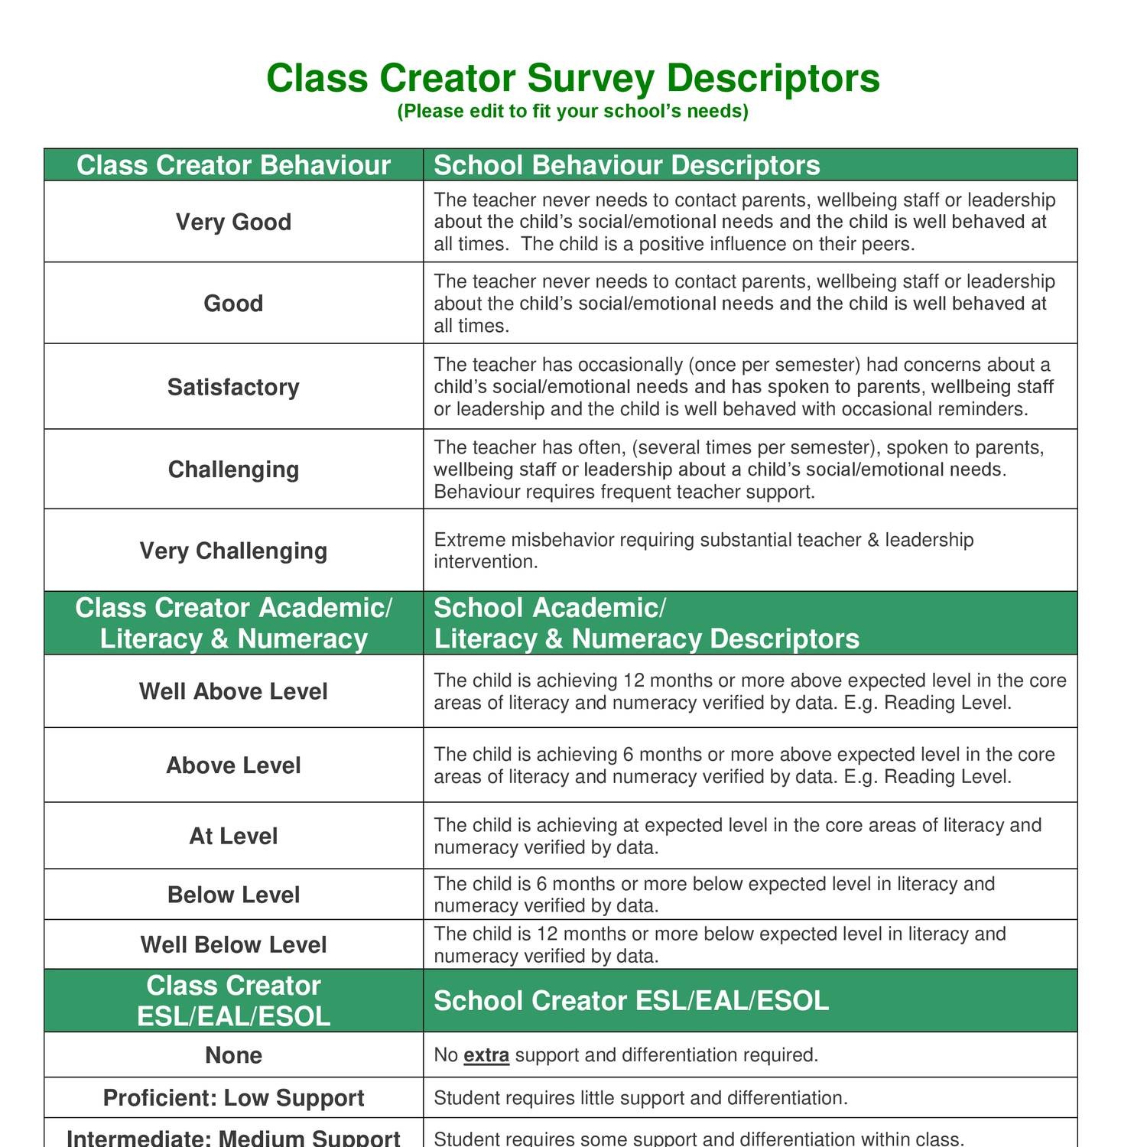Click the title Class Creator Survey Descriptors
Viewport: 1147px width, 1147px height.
tap(573, 78)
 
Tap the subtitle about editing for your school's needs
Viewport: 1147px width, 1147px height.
tap(573, 112)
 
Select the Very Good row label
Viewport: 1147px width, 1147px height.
tap(233, 223)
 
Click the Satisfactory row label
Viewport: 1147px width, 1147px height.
tap(233, 387)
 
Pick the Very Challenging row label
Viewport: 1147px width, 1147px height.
tap(233, 551)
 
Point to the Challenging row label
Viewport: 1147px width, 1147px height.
tap(233, 470)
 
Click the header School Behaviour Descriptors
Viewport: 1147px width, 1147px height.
tap(626, 165)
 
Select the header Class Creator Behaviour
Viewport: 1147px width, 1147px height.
tap(233, 165)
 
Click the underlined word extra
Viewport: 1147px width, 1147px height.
tap(486, 1055)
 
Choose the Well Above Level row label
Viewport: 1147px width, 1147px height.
tap(233, 691)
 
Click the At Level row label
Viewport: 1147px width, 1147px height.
tap(233, 836)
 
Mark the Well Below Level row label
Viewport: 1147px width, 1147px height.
tap(233, 945)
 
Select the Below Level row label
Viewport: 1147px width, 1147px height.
tap(233, 895)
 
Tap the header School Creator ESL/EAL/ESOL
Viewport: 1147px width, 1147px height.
tap(631, 1001)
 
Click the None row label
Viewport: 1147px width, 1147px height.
tap(233, 1055)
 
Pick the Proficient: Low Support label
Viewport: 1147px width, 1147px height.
tap(233, 1098)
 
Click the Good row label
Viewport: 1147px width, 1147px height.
tap(233, 304)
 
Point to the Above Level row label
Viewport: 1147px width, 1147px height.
tap(233, 765)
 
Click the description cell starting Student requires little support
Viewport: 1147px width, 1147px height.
tap(641, 1098)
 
